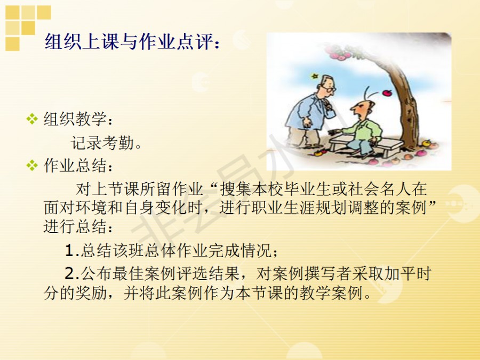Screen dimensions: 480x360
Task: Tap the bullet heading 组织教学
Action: [x=75, y=119]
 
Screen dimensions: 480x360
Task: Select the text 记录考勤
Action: [x=102, y=143]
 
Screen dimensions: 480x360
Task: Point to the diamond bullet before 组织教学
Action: [x=32, y=119]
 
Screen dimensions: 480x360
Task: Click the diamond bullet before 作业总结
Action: [x=32, y=166]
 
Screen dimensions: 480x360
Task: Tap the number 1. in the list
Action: [x=72, y=251]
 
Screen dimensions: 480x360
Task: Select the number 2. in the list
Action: [x=72, y=274]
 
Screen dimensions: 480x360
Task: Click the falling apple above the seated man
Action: [x=387, y=92]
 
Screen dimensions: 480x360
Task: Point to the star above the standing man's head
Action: [x=314, y=76]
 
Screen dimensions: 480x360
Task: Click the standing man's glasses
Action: [x=329, y=89]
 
